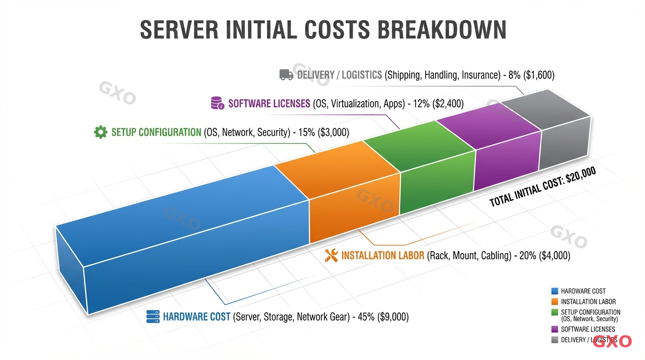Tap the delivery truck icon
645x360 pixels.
(286, 75)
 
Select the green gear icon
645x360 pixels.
(100, 132)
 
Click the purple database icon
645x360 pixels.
(217, 103)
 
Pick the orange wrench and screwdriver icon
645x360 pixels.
(331, 255)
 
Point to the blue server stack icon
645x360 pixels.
(153, 317)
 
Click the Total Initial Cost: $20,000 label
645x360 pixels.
(542, 187)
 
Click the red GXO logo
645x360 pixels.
(612, 341)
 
